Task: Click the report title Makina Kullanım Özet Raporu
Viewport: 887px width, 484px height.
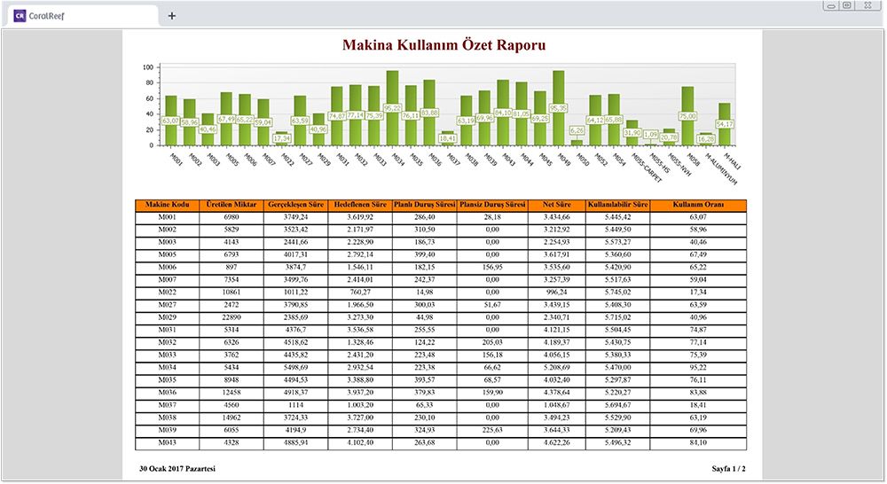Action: [x=443, y=44]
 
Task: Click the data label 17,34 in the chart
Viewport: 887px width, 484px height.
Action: [x=282, y=138]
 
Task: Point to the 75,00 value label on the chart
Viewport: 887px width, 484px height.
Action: [x=687, y=116]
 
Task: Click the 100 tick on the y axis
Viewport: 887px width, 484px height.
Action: [x=150, y=67]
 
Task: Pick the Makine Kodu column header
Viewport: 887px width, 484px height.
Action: [x=168, y=205]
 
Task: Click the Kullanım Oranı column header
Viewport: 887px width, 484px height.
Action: [x=698, y=205]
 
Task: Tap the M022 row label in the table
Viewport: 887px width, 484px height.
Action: [x=168, y=292]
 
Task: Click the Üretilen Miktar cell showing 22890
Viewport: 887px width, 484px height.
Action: [x=232, y=316]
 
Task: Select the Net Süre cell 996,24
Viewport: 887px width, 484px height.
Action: [x=555, y=292]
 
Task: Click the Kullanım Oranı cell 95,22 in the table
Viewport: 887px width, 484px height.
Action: [x=698, y=366]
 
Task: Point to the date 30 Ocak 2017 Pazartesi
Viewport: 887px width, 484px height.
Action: [x=177, y=468]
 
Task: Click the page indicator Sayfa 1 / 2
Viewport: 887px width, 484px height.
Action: [x=728, y=468]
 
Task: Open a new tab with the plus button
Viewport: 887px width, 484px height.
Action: [x=172, y=15]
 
